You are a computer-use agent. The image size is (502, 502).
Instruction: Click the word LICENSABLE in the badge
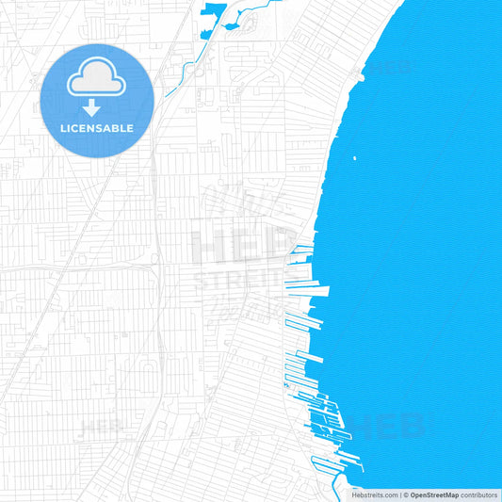[x=97, y=127]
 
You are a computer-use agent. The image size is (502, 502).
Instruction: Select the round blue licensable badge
[x=97, y=100]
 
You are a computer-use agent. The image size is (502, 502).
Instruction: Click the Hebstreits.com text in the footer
[x=375, y=494]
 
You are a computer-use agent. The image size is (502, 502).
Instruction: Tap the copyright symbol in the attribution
[x=406, y=494]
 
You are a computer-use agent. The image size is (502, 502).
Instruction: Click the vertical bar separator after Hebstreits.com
[x=399, y=494]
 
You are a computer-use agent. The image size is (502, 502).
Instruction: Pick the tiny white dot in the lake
[x=354, y=158]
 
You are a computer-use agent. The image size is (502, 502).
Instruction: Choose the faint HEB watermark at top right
[x=387, y=70]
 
